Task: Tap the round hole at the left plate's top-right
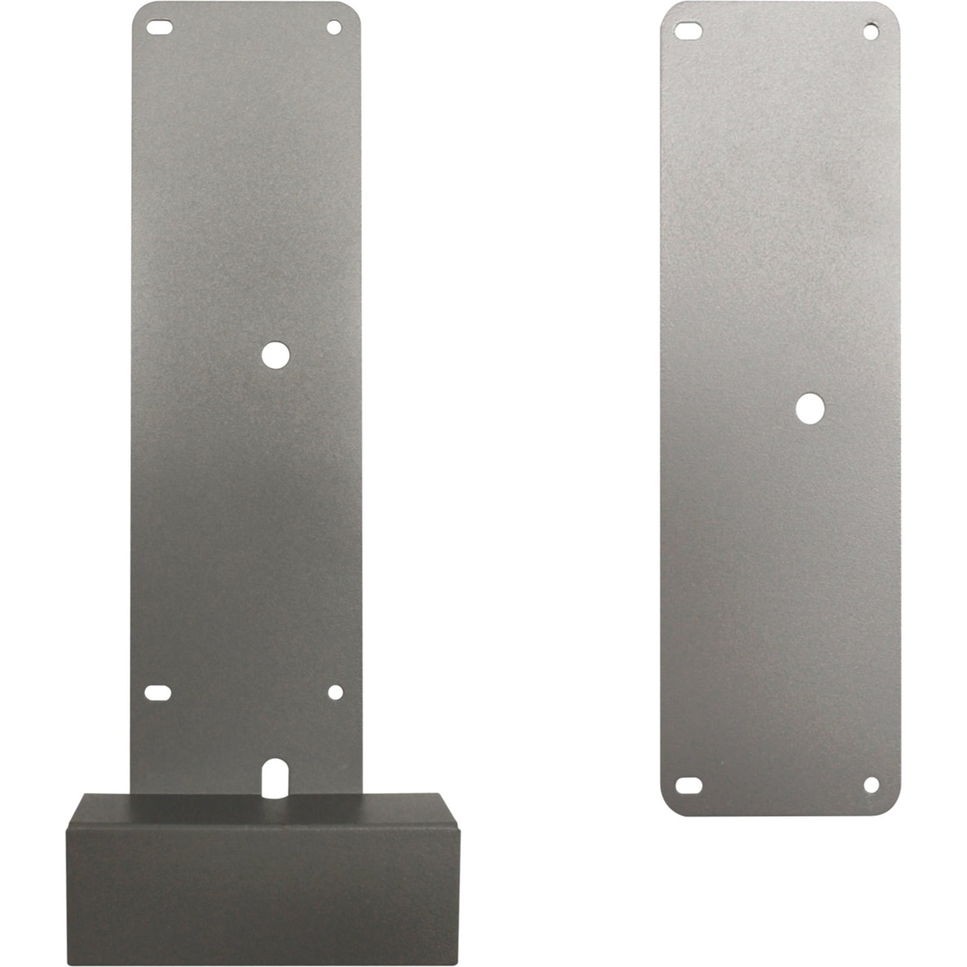334,27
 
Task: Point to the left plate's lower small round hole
335,692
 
